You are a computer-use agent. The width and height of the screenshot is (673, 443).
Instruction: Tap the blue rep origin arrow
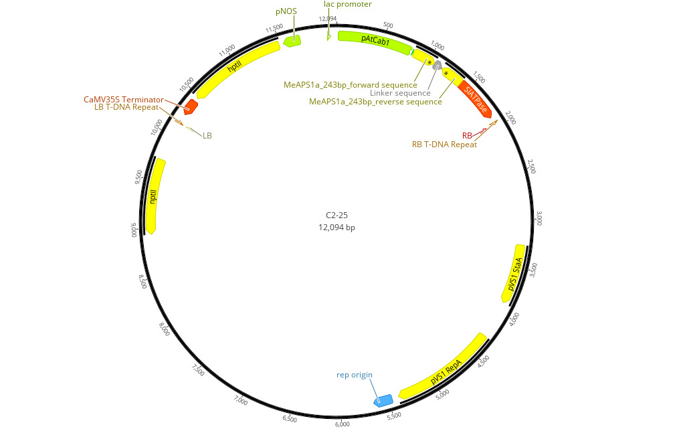tap(383, 400)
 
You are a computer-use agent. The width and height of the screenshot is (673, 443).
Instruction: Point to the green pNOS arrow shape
tap(292, 41)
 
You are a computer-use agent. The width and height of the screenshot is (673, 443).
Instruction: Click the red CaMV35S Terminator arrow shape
tap(191, 106)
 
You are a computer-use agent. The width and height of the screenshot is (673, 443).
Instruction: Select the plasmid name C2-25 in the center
tap(336, 215)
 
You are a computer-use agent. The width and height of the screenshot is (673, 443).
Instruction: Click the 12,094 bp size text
tap(336, 228)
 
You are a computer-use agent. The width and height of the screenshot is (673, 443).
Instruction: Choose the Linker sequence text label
tap(400, 93)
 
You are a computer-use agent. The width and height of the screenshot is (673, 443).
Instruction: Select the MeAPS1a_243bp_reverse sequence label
tap(375, 102)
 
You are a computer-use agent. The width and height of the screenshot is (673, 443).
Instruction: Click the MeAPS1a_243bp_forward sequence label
tap(351, 84)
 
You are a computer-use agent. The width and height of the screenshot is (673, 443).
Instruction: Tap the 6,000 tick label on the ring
tap(341, 424)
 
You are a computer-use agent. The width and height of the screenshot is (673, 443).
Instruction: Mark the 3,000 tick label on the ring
tap(539, 218)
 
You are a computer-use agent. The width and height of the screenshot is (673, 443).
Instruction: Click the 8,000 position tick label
tap(165, 329)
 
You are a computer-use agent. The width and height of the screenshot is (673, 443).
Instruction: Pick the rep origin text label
tap(354, 375)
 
